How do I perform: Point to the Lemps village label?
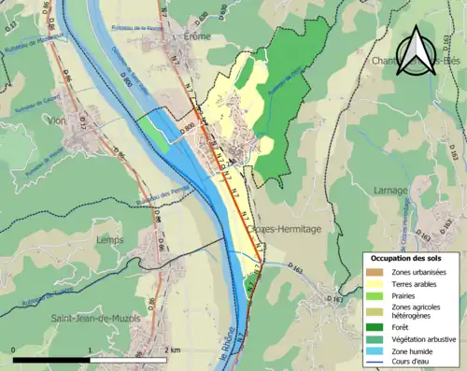109,239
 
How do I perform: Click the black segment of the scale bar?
51,360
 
